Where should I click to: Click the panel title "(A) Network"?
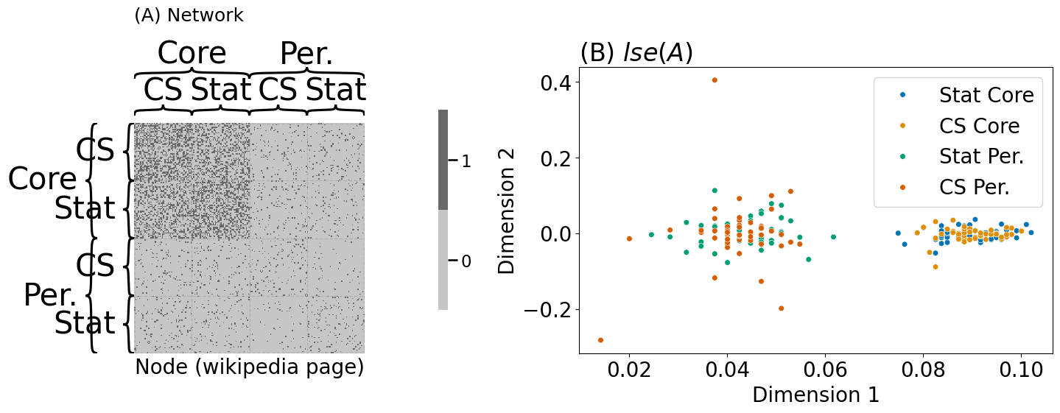coord(189,15)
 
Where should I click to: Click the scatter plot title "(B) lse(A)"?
coord(636,53)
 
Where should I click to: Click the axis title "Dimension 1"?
coord(815,395)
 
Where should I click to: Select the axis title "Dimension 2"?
coord(508,211)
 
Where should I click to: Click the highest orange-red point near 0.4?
coord(715,80)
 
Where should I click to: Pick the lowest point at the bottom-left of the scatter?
coord(600,340)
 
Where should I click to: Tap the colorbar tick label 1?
coord(466,160)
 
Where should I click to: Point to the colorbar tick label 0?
coord(466,261)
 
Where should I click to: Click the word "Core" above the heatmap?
coord(192,53)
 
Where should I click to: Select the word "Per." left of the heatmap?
coord(50,295)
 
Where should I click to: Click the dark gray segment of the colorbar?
coord(443,160)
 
